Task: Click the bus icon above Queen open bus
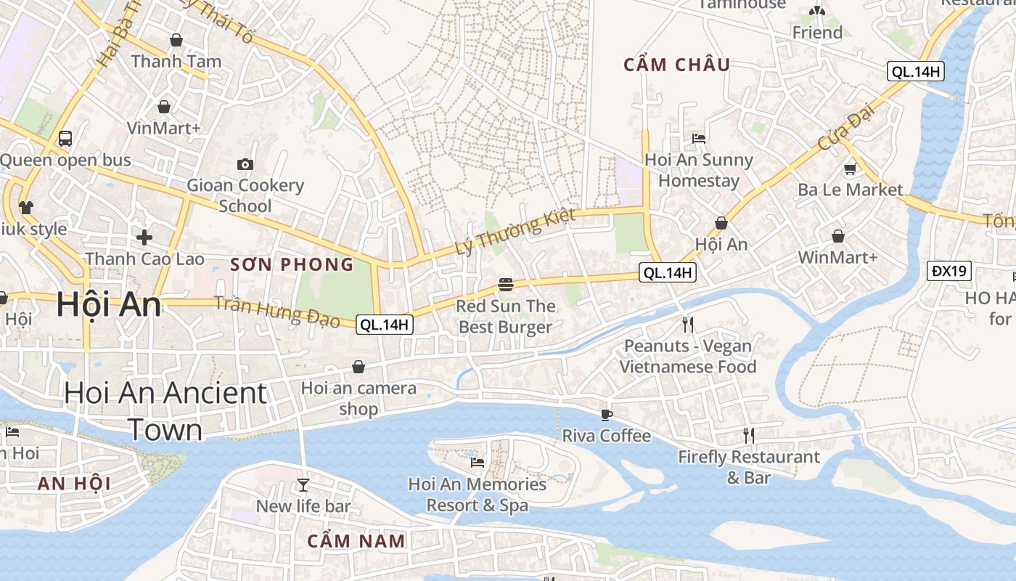pyautogui.click(x=65, y=138)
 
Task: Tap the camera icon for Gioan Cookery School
pyautogui.click(x=245, y=164)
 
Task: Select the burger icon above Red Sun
pyautogui.click(x=506, y=284)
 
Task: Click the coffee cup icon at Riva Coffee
pyautogui.click(x=607, y=415)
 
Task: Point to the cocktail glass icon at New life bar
pyautogui.click(x=303, y=484)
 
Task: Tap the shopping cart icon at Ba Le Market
pyautogui.click(x=850, y=168)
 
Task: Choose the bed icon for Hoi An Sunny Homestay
pyautogui.click(x=699, y=138)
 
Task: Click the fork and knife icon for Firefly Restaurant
pyautogui.click(x=748, y=435)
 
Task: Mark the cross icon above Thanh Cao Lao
pyautogui.click(x=144, y=237)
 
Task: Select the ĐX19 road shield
pyautogui.click(x=949, y=272)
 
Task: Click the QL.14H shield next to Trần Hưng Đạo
pyautogui.click(x=385, y=325)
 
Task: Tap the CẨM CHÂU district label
pyautogui.click(x=677, y=65)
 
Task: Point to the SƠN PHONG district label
pyautogui.click(x=292, y=264)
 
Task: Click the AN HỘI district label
pyautogui.click(x=73, y=484)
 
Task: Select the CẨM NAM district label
pyautogui.click(x=356, y=541)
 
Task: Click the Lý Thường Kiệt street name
pyautogui.click(x=515, y=231)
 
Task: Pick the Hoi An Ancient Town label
pyautogui.click(x=165, y=411)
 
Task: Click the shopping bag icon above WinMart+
pyautogui.click(x=838, y=236)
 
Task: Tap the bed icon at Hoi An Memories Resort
pyautogui.click(x=477, y=462)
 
